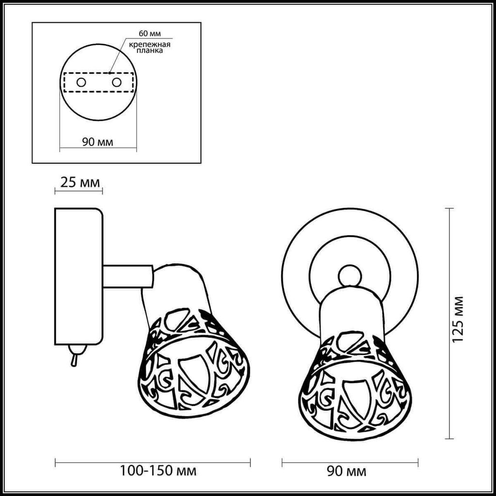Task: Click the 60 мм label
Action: tap(150, 33)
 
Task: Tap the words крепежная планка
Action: tap(150, 47)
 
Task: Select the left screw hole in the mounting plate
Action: tap(81, 82)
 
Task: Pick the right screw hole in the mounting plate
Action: tap(116, 82)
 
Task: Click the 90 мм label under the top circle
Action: tap(97, 142)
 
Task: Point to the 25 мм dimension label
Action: tap(80, 183)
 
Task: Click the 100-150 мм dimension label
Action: tap(158, 470)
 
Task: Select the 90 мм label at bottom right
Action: tap(346, 471)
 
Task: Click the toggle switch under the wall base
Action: tap(76, 355)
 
